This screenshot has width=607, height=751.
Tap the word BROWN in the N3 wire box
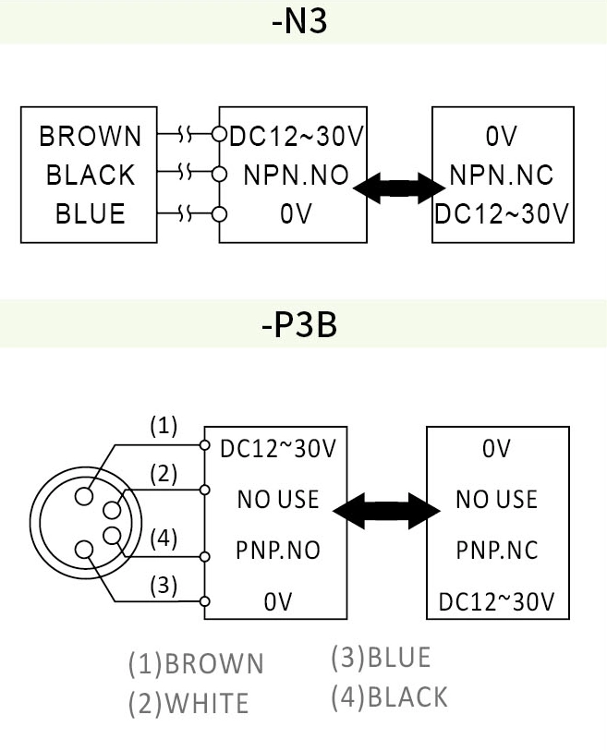[91, 137]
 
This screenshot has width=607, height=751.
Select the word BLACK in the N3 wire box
[91, 175]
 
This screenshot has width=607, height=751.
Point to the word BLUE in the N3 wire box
[91, 213]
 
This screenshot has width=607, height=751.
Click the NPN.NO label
[295, 175]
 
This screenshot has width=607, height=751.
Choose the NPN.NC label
[502, 175]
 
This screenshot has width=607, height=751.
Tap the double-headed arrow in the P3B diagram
[386, 509]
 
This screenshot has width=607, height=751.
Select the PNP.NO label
[278, 551]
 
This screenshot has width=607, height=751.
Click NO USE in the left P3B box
[278, 500]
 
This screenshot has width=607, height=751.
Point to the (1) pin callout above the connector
[164, 426]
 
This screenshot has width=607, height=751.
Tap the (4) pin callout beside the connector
[164, 539]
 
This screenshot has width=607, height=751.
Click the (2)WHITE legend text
[188, 704]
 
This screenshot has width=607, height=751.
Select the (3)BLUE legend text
[381, 657]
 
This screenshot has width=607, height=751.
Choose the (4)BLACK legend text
[389, 696]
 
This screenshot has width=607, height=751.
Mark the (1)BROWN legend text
[196, 663]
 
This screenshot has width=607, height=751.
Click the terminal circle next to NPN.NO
[219, 175]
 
